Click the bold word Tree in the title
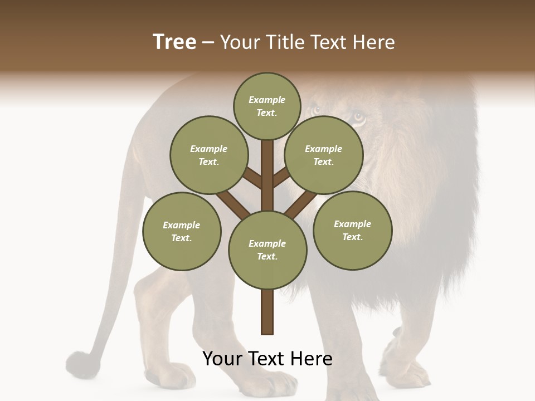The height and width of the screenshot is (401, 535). click(x=174, y=42)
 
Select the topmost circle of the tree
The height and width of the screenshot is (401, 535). click(x=267, y=106)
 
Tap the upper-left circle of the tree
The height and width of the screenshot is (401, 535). click(x=208, y=155)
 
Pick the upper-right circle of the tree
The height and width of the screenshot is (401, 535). click(x=323, y=155)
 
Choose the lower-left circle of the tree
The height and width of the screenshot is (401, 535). click(x=181, y=231)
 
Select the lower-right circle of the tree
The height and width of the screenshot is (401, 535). click(x=352, y=230)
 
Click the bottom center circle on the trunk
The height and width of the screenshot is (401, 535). click(x=267, y=250)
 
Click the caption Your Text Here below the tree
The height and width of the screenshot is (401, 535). click(x=267, y=359)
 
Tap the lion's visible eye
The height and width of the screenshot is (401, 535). click(x=358, y=117)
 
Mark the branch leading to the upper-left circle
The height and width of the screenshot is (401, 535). click(x=252, y=178)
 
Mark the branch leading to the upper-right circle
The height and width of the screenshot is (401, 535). click(x=281, y=178)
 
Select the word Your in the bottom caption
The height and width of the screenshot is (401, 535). click(x=223, y=359)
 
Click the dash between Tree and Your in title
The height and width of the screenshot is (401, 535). click(x=208, y=42)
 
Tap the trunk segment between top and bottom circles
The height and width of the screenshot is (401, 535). click(x=267, y=175)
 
